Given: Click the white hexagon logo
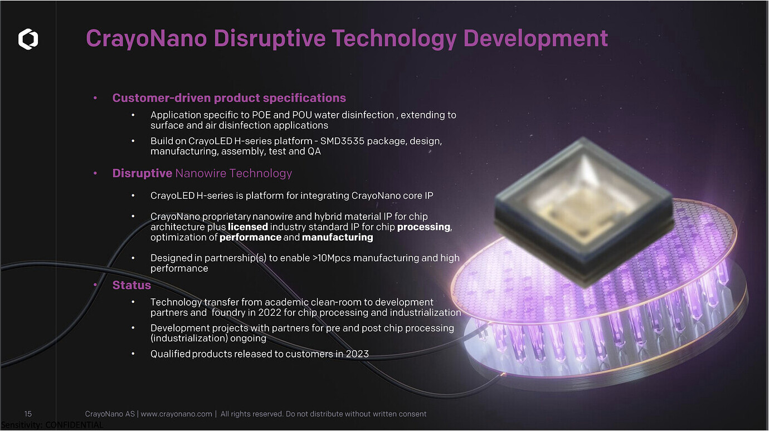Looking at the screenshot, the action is click(x=28, y=39).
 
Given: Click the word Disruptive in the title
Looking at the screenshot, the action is click(x=270, y=38).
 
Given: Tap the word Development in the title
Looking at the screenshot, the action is click(x=536, y=38).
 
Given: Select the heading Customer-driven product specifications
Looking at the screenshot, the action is click(x=229, y=98).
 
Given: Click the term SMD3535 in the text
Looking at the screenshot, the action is click(x=342, y=141).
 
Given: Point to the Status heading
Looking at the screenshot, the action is click(x=132, y=285).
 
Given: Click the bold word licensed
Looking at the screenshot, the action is click(x=247, y=227).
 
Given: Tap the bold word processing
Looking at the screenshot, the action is click(x=424, y=227).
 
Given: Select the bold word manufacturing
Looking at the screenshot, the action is click(x=338, y=237).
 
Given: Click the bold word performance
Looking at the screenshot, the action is click(x=250, y=237).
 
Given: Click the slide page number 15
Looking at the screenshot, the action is click(x=28, y=414).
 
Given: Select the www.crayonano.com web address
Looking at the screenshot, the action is click(x=177, y=414).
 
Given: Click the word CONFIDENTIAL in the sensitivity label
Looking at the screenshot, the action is click(x=74, y=425).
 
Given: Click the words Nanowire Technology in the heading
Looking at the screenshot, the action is click(x=233, y=173).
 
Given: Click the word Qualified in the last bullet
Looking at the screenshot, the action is click(x=171, y=354).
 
